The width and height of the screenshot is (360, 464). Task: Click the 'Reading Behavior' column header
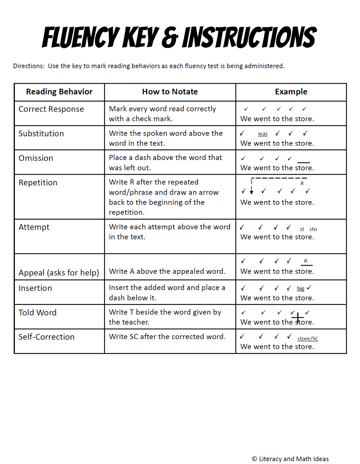tap(59, 92)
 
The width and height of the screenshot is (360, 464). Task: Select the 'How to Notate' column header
tap(170, 92)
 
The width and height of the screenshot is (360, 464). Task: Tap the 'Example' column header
tap(291, 92)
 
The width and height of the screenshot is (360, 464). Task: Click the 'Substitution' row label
tap(41, 134)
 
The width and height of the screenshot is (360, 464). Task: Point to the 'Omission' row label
tap(36, 158)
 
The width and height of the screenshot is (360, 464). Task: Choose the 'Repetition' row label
tap(38, 183)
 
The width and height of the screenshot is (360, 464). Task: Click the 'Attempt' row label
tap(34, 227)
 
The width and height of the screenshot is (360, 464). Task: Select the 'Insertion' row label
tap(35, 288)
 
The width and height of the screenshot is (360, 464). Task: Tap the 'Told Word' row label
tap(37, 313)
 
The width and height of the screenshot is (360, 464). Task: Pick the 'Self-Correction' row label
tap(46, 337)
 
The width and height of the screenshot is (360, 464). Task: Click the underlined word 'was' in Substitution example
tap(263, 134)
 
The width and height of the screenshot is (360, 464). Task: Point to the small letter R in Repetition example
tap(302, 183)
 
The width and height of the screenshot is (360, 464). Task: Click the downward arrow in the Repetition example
tap(251, 190)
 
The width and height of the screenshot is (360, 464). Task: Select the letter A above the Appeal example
tap(305, 261)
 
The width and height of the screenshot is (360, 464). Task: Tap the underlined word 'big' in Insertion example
tap(300, 288)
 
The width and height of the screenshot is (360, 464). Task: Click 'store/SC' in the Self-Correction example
tap(308, 339)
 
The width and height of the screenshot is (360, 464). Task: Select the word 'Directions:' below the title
tap(29, 66)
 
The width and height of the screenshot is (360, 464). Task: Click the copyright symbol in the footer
tap(254, 459)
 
